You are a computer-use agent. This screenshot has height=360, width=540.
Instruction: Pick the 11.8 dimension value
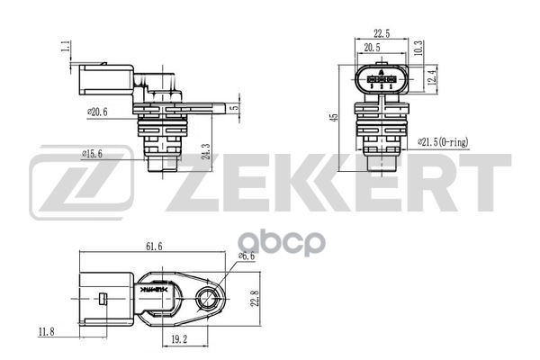tap(44, 332)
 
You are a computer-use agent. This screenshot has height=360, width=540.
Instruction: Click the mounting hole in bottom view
tap(209, 301)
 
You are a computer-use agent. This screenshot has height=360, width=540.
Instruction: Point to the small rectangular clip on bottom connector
tap(104, 300)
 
